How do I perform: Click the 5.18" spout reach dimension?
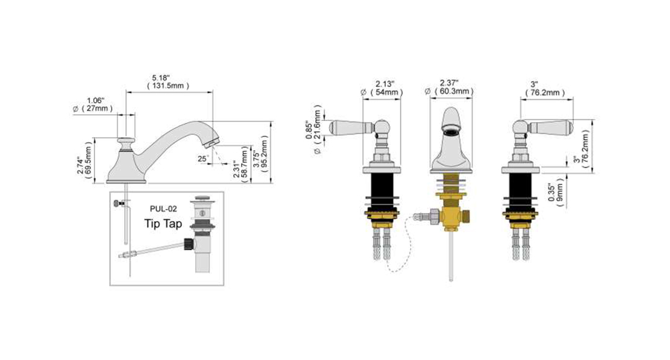(x=168, y=82)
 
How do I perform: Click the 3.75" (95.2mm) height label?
(x=260, y=155)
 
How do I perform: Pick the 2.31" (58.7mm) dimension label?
(x=241, y=164)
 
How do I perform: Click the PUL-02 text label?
(x=163, y=209)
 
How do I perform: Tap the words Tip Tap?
(x=163, y=223)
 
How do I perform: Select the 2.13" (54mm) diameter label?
(x=382, y=88)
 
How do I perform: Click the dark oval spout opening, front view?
(x=451, y=131)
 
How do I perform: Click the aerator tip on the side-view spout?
(x=212, y=142)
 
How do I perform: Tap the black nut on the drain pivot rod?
(x=189, y=244)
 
